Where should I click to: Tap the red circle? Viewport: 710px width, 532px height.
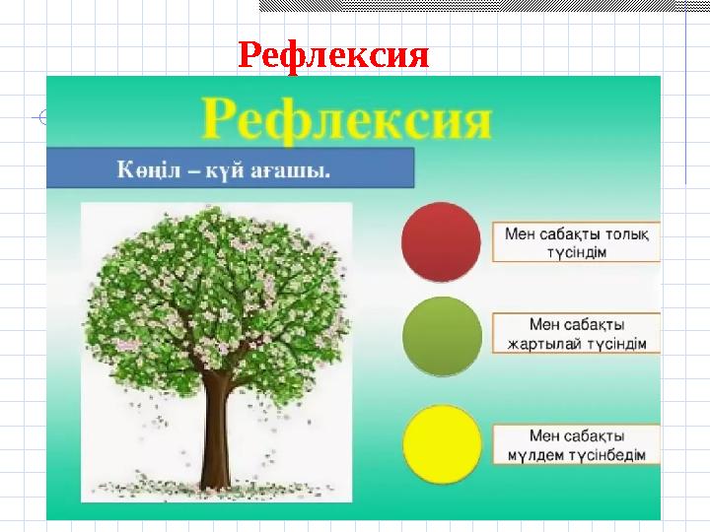[441, 242]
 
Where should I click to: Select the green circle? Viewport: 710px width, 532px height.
[442, 335]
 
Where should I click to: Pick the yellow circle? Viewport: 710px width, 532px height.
[442, 444]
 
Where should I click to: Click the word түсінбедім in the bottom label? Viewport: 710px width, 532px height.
[605, 455]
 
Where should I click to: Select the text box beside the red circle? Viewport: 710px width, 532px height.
[576, 242]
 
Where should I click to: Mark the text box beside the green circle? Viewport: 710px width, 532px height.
[576, 335]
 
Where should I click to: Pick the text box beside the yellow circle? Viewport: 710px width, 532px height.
[576, 445]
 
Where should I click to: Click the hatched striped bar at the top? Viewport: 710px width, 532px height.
[483, 6]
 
